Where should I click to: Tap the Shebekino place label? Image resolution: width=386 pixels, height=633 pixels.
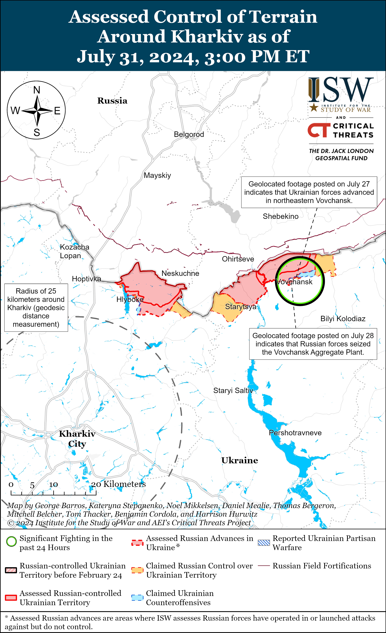coord(280,216)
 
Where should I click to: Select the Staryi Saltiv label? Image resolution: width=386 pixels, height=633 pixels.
coord(233,391)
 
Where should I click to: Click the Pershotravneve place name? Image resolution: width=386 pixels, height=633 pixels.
coord(295,433)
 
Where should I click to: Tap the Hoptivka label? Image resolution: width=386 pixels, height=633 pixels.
coord(86,279)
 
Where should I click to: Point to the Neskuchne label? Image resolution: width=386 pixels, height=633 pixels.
coord(180,273)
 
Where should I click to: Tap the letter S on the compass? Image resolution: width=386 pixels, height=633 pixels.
coord(37,132)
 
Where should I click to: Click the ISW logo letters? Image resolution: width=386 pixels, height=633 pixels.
coord(341,90)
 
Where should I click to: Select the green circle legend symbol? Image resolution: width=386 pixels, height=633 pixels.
coord(11,541)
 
